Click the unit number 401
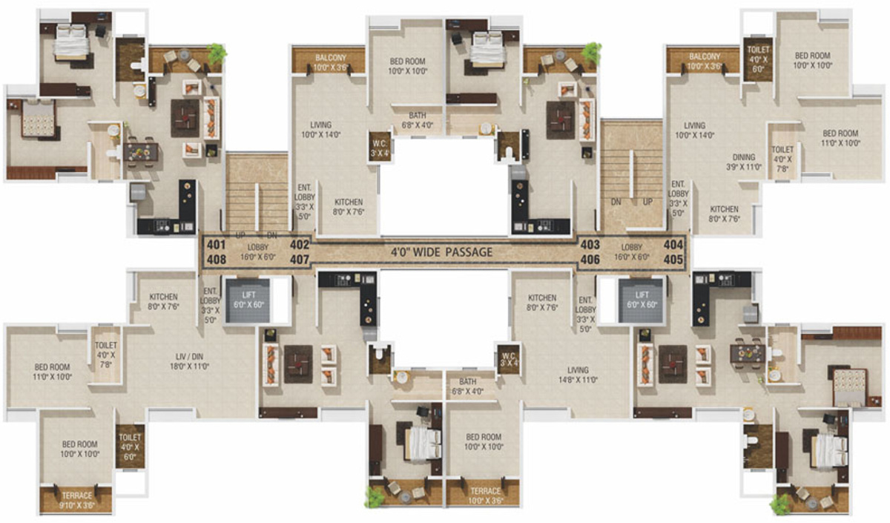tap(215, 245)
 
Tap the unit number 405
tap(673, 260)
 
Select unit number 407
tap(299, 260)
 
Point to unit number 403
tap(590, 245)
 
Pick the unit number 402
tap(299, 245)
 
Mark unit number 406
tap(590, 260)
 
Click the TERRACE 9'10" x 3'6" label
tap(76, 499)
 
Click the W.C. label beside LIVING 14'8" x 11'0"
tap(508, 358)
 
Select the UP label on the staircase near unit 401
tap(240, 234)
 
